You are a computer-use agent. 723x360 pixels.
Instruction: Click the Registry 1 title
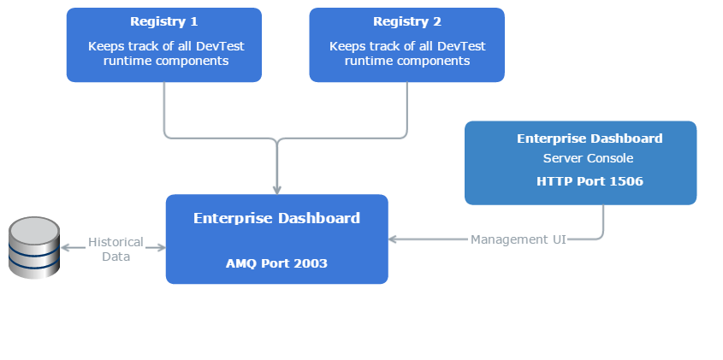point(163,21)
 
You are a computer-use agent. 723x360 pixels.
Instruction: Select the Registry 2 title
point(406,21)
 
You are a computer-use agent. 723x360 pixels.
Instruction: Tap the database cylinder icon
point(34,247)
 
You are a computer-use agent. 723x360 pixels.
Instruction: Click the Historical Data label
point(116,249)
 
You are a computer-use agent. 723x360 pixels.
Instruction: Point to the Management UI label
point(519,239)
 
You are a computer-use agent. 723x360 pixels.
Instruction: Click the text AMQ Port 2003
point(276,263)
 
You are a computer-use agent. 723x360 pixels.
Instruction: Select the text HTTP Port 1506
point(590,181)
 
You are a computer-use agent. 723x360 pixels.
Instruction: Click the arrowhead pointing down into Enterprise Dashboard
point(276,189)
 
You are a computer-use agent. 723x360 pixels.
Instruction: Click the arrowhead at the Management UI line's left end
point(394,239)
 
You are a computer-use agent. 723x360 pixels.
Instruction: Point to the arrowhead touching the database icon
point(67,247)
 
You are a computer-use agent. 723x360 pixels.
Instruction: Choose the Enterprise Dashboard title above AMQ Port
point(276,218)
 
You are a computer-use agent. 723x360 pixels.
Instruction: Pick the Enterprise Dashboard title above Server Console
point(590,139)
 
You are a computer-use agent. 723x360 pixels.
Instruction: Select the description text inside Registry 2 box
point(406,54)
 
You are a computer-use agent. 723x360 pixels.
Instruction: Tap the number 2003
point(311,263)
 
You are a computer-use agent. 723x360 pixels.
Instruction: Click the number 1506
point(625,181)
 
